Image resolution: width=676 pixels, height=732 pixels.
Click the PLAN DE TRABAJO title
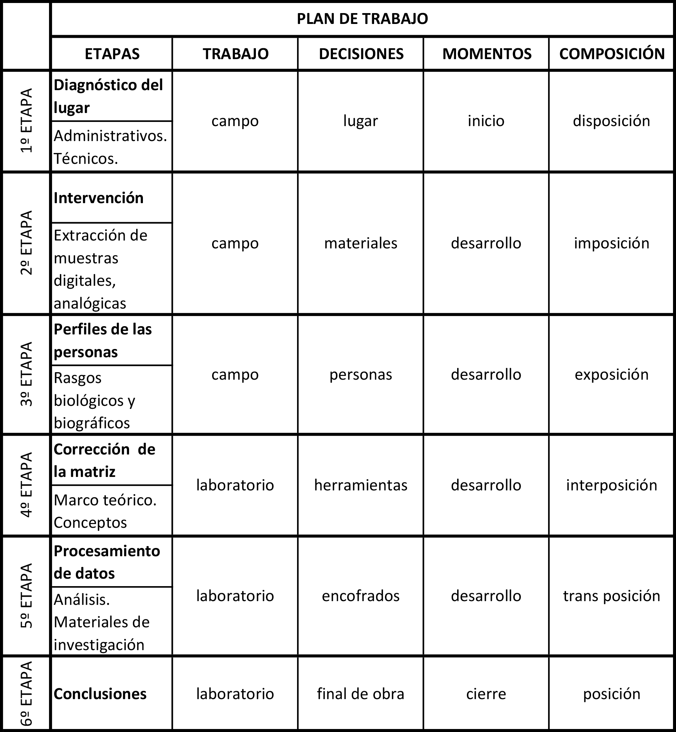[362, 19]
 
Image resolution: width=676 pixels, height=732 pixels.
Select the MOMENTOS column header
[487, 54]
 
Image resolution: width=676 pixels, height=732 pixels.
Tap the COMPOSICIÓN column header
[612, 54]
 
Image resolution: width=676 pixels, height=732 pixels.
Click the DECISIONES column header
[361, 54]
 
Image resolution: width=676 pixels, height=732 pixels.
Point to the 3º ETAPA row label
[27, 374]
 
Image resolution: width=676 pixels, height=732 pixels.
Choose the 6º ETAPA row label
[27, 694]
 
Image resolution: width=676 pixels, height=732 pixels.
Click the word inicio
[486, 121]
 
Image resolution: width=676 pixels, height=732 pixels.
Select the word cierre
[486, 694]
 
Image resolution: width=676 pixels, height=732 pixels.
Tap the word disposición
[611, 121]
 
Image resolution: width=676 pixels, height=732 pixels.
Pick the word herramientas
[361, 485]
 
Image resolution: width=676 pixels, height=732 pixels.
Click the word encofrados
[361, 596]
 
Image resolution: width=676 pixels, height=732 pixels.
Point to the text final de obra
[361, 694]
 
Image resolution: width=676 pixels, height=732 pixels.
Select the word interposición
[611, 485]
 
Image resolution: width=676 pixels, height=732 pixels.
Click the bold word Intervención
[98, 198]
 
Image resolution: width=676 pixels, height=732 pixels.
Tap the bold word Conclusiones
[100, 694]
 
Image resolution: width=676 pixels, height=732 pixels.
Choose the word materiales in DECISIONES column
[361, 243]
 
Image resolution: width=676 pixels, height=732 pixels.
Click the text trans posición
[611, 596]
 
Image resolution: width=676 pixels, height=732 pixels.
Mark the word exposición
[611, 374]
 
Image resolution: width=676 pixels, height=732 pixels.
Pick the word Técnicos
[86, 159]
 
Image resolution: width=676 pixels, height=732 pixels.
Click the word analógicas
[90, 303]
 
